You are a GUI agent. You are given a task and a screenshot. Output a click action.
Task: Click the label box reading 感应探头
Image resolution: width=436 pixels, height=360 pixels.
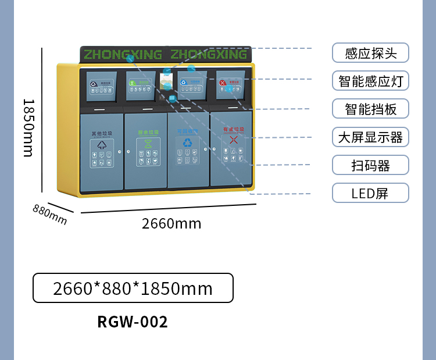[370, 53]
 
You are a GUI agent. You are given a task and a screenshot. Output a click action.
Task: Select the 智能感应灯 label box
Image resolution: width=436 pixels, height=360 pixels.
[370, 81]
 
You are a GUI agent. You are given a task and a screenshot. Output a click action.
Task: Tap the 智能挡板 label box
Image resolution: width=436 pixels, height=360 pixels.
[370, 109]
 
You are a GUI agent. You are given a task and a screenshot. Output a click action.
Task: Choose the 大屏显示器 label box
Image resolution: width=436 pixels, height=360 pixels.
[370, 137]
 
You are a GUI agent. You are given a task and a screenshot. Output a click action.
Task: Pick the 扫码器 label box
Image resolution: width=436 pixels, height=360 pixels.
[370, 165]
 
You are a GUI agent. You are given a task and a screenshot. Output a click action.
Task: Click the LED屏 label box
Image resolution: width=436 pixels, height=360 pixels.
[370, 193]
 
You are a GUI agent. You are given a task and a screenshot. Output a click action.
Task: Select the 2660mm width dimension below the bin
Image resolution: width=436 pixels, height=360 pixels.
[171, 223]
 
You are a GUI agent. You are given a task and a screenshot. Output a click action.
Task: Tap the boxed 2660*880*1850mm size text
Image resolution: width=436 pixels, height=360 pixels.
[133, 288]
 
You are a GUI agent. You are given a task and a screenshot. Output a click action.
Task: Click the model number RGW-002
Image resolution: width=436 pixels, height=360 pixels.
[133, 322]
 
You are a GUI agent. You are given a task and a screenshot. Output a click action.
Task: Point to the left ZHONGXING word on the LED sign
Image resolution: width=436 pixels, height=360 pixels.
[123, 55]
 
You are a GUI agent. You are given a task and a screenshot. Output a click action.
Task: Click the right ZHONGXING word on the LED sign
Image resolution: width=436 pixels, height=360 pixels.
[209, 55]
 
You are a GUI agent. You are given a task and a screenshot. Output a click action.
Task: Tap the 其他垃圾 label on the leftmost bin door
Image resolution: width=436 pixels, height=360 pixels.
[102, 133]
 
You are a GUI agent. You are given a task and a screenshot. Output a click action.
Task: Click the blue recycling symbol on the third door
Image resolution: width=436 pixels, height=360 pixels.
[188, 142]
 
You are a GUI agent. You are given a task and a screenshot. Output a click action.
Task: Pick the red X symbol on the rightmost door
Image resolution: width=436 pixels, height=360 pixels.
[233, 140]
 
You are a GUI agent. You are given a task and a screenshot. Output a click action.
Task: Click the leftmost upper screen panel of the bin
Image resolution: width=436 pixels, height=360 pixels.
[101, 87]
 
